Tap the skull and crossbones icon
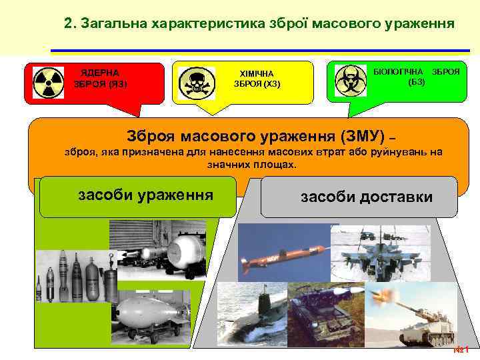(x=196, y=83)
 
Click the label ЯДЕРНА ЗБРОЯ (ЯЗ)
(x=101, y=78)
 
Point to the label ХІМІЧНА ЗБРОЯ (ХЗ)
(x=257, y=79)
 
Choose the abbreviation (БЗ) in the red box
(x=416, y=81)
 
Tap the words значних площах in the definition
(x=252, y=164)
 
